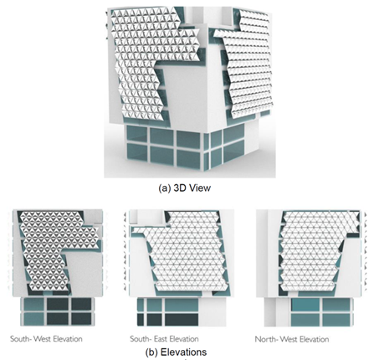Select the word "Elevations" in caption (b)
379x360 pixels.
coord(197,352)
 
